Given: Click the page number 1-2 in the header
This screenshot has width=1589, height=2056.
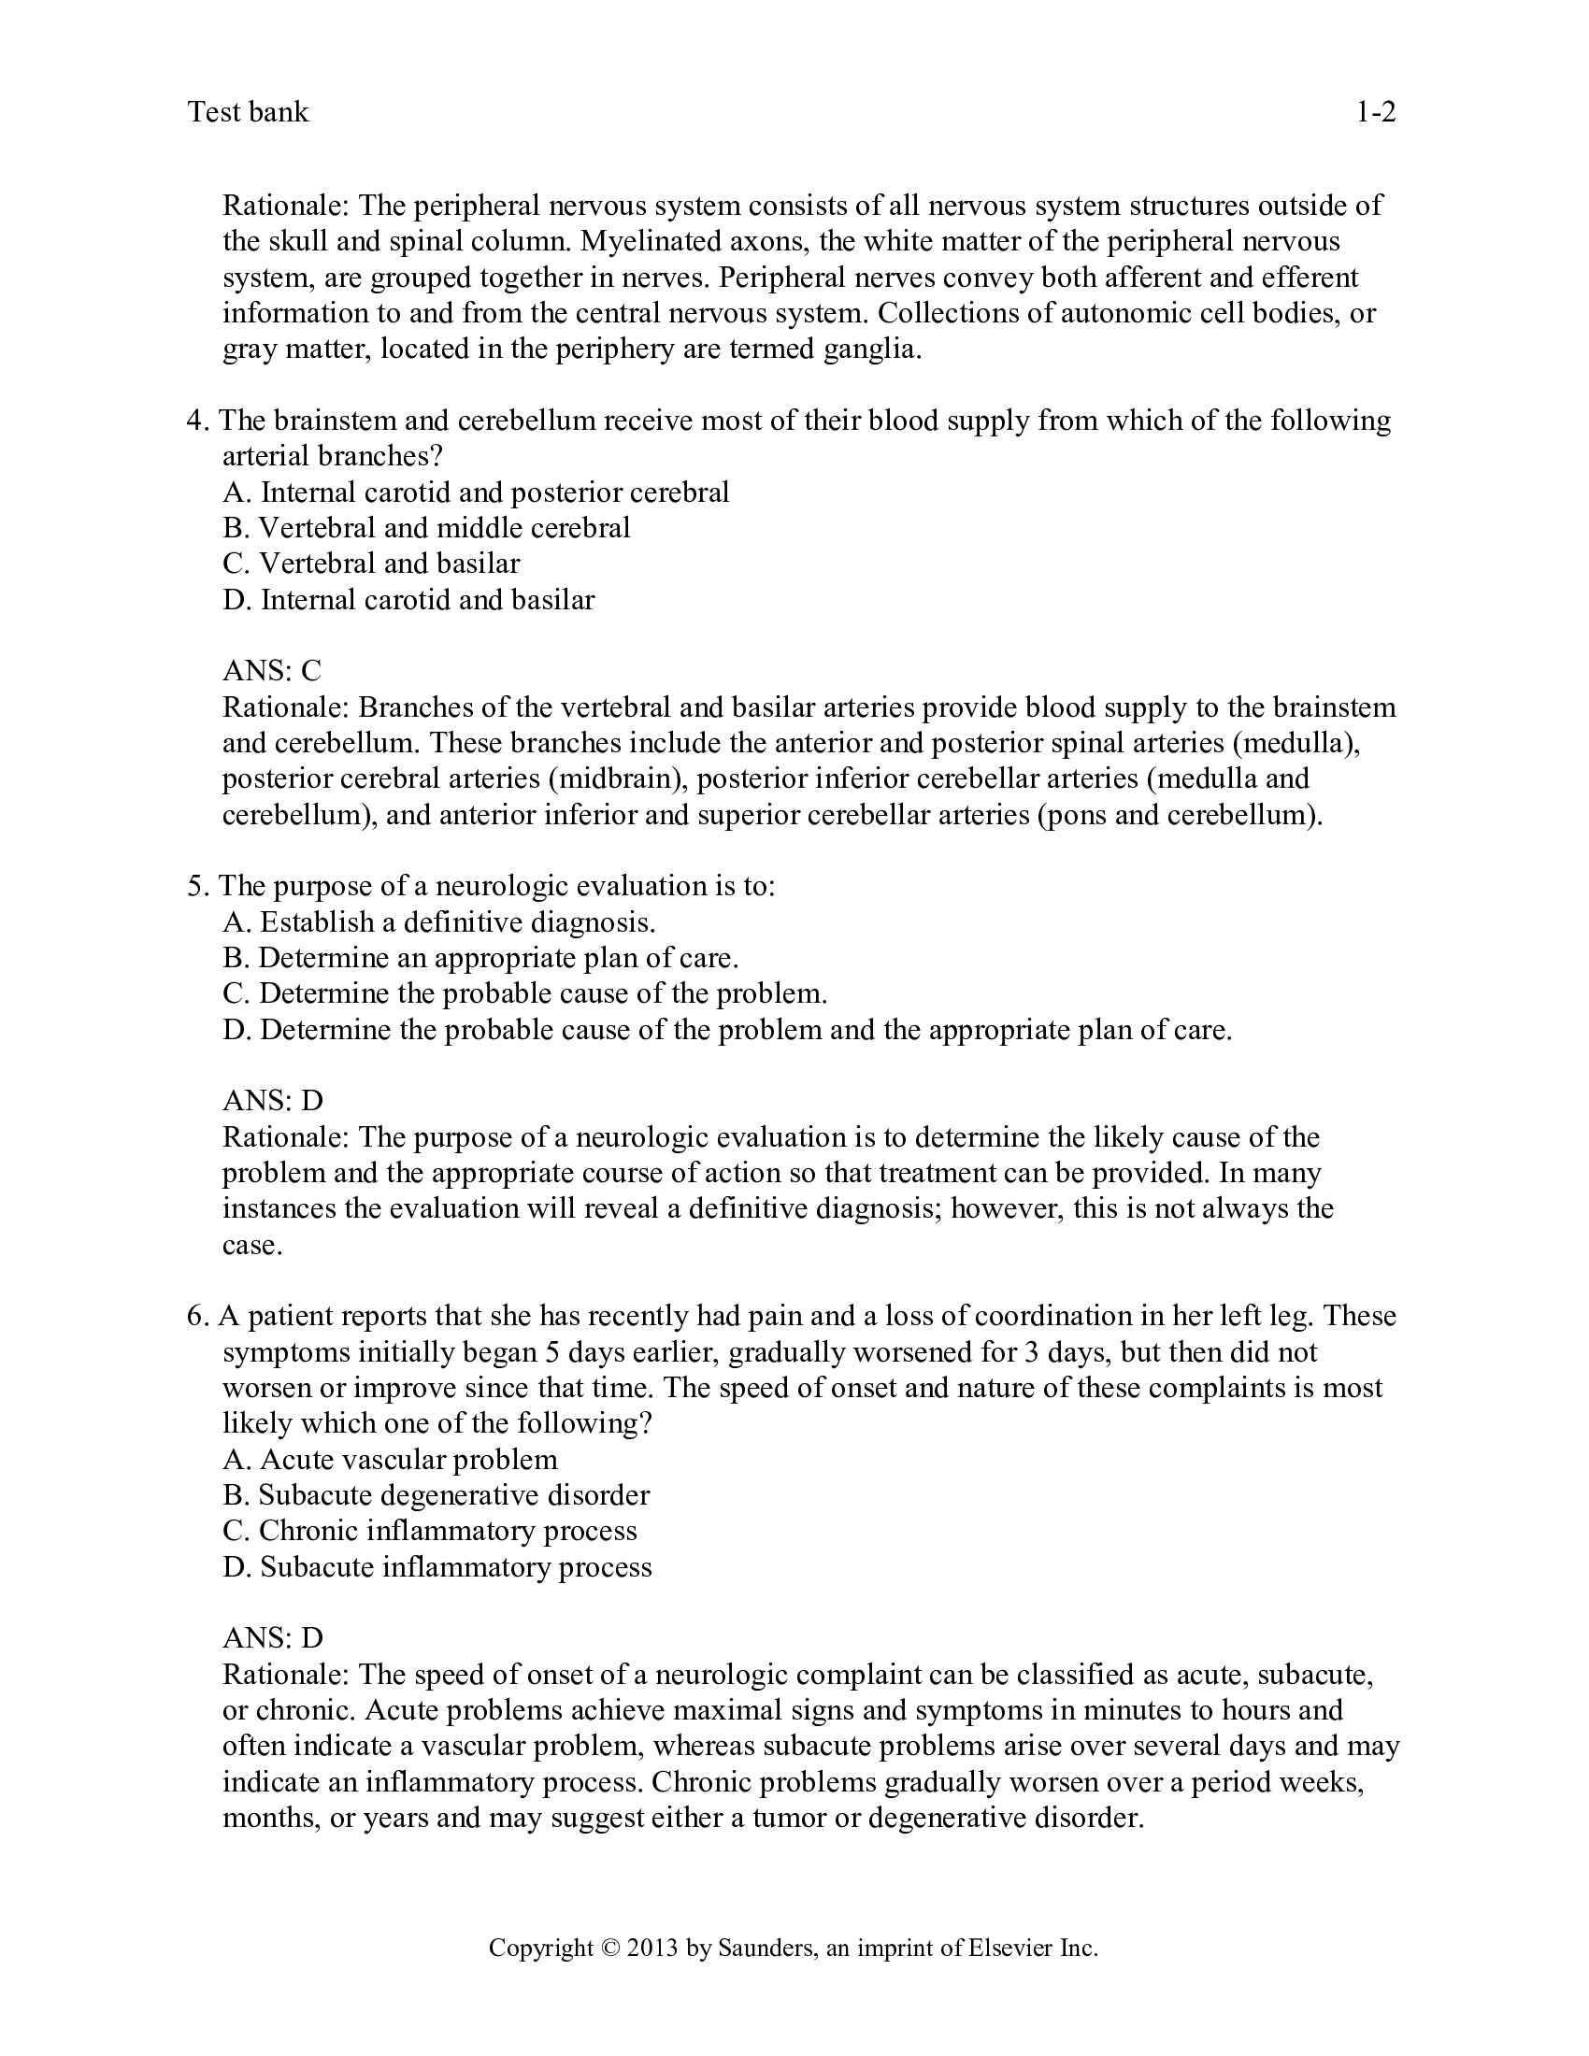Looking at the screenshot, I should pyautogui.click(x=1374, y=113).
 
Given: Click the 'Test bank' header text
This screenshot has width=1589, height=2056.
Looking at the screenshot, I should pyautogui.click(x=249, y=113).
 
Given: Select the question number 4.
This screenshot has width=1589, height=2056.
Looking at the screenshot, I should pyautogui.click(x=195, y=420).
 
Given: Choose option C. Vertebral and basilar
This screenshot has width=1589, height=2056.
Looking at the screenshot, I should pyautogui.click(x=371, y=564).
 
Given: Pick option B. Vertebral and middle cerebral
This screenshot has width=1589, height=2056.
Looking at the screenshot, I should pyautogui.click(x=426, y=528).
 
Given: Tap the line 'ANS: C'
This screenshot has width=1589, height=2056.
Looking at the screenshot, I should pyautogui.click(x=272, y=671).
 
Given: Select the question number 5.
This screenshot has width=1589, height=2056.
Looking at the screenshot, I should pyautogui.click(x=195, y=886).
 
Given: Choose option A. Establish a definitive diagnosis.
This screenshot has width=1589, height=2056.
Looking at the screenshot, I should pyautogui.click(x=438, y=921).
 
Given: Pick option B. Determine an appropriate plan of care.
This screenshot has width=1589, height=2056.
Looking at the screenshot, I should pyautogui.click(x=480, y=957).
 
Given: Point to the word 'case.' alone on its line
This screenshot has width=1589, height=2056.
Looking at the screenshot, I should pyautogui.click(x=252, y=1246).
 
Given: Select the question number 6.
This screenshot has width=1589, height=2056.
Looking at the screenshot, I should pyautogui.click(x=195, y=1316).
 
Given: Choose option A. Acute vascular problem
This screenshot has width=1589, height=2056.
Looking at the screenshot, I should pyautogui.click(x=390, y=1460).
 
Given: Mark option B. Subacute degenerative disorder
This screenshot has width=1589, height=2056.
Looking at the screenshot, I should pyautogui.click(x=436, y=1496).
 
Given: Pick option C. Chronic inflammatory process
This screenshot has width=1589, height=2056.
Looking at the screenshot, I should pyautogui.click(x=429, y=1532).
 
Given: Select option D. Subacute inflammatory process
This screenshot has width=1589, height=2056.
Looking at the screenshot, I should pyautogui.click(x=437, y=1567).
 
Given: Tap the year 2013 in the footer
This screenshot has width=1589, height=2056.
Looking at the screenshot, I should pyautogui.click(x=652, y=1948).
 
